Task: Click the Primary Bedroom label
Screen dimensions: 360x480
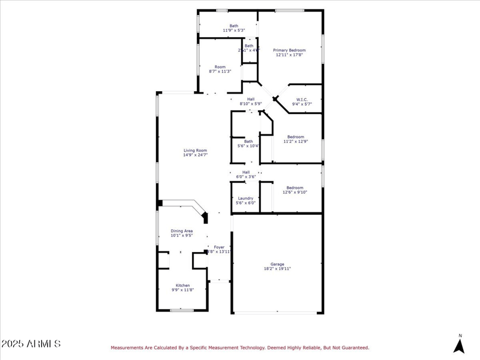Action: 290,50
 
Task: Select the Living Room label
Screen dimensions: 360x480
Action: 195,150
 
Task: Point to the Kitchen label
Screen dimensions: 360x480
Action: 183,285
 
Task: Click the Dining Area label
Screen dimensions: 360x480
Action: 182,230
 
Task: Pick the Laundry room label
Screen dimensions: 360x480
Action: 245,198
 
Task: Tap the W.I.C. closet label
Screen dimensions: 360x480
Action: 302,100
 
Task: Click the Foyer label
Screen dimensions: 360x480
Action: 220,247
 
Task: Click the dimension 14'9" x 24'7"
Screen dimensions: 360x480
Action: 195,155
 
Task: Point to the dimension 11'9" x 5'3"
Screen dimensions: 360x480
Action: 233,30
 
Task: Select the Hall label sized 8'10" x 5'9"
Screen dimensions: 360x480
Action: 251,99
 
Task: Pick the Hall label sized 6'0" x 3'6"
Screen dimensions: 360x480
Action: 246,172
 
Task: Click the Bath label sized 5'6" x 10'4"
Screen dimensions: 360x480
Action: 248,141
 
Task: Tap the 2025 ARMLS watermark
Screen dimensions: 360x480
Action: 31,344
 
